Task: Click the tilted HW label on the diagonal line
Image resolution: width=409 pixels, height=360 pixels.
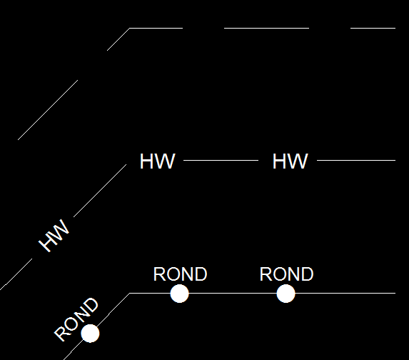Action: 54,236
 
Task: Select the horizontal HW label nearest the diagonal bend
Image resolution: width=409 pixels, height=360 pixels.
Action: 157,161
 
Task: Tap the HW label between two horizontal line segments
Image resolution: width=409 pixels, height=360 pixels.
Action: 290,161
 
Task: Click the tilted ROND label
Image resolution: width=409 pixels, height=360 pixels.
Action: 76,319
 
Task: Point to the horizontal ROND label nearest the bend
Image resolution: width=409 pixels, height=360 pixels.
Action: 181,274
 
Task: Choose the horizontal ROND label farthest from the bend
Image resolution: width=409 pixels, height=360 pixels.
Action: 287,274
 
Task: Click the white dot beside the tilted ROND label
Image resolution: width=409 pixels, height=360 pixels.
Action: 90,334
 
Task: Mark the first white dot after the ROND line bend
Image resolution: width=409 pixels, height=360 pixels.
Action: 179,294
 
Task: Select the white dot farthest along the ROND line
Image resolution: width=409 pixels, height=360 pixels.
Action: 286,294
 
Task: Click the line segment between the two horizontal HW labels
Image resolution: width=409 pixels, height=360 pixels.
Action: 221,160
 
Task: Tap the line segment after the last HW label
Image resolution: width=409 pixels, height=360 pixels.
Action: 356,160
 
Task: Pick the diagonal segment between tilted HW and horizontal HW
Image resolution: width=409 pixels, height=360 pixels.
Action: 100,191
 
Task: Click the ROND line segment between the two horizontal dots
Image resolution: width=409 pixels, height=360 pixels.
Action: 233,294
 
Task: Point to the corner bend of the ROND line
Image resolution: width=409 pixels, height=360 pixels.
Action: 130,294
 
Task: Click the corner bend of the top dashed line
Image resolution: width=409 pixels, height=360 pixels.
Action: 130,28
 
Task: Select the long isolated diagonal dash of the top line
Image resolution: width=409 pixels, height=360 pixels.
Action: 48,110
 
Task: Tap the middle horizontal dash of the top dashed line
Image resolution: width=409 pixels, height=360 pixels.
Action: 266,28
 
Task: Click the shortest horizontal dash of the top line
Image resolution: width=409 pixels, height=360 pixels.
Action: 373,28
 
